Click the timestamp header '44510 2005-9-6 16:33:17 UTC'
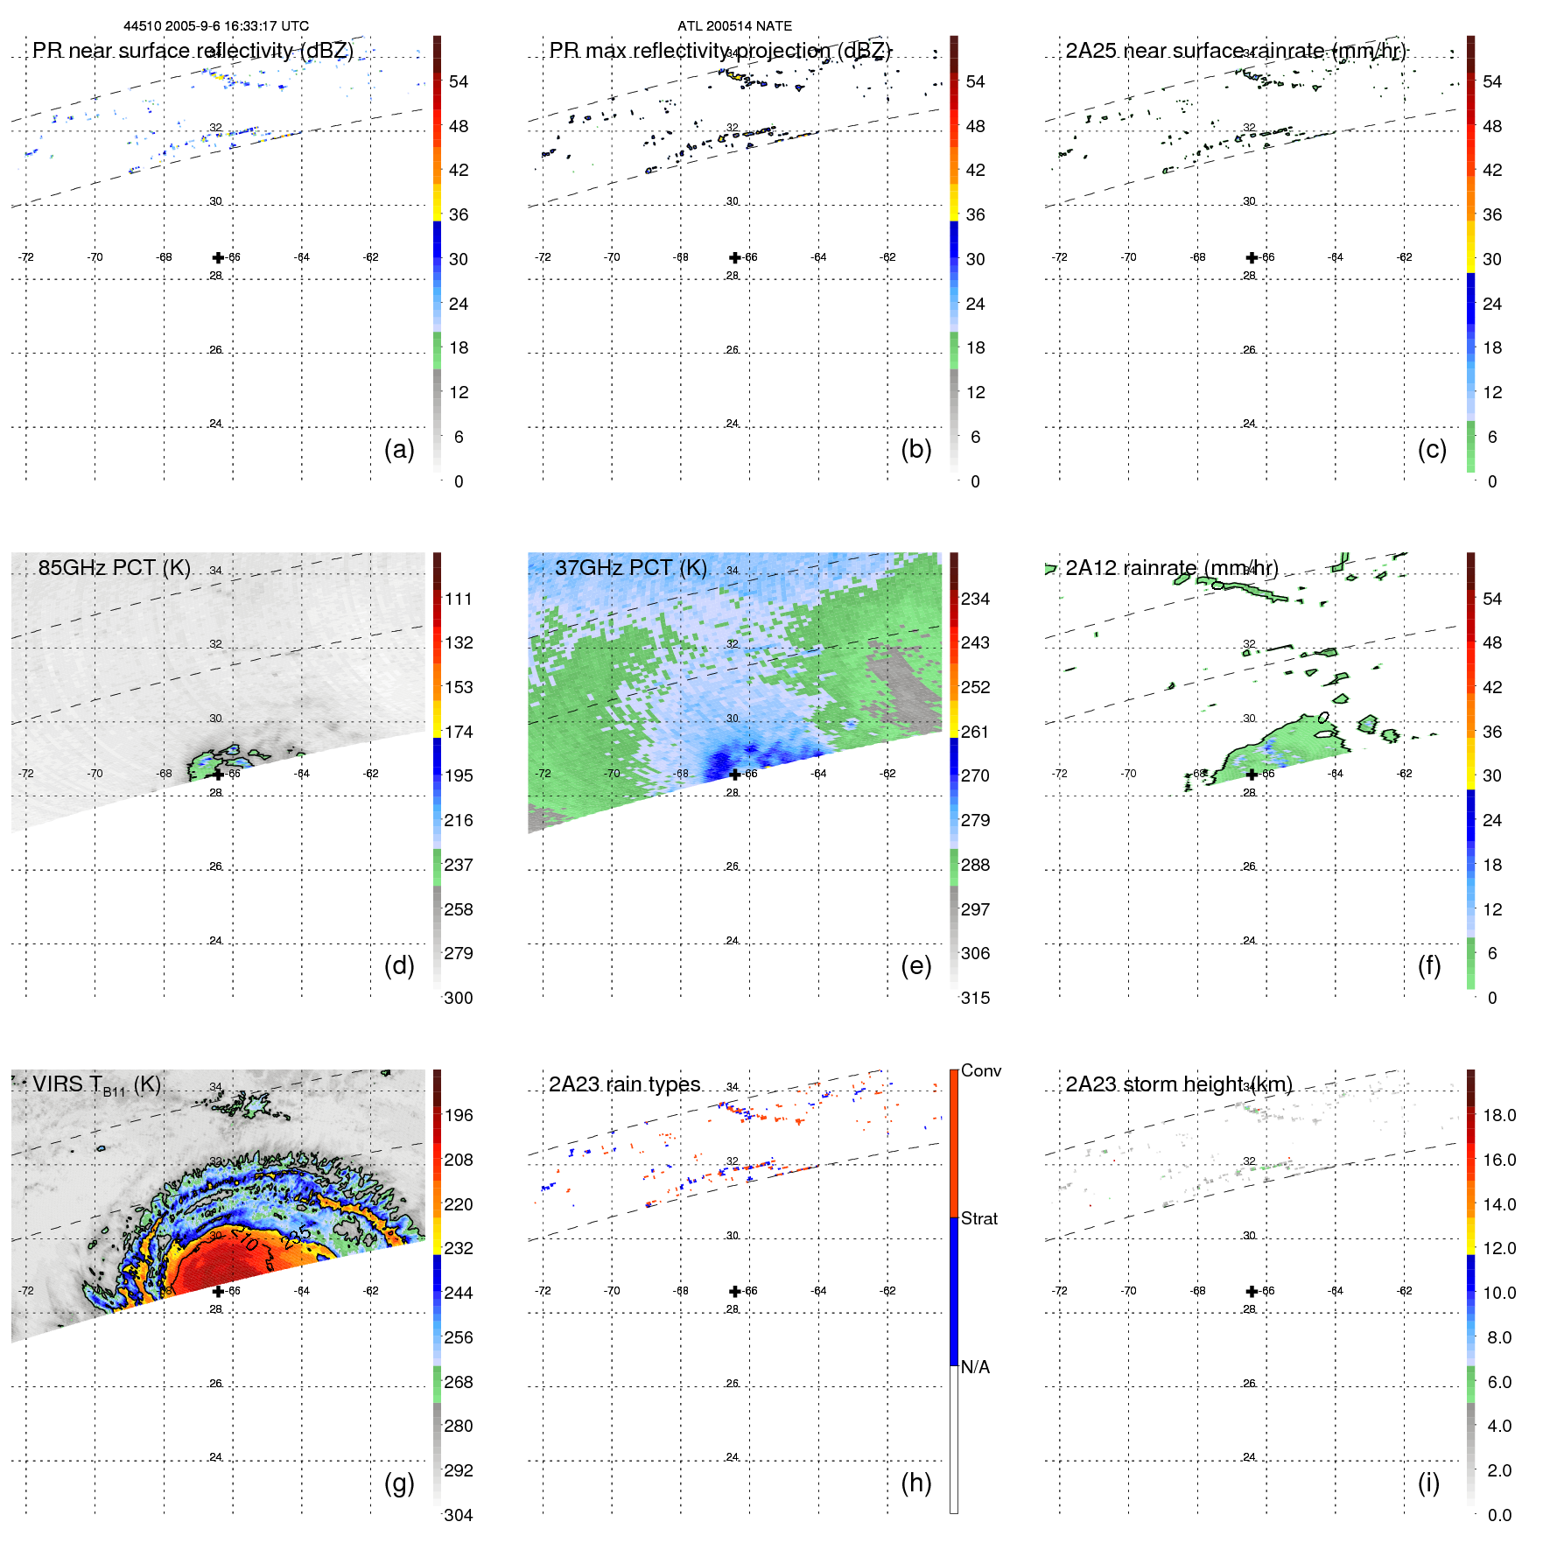[216, 26]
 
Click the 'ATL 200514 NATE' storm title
[734, 26]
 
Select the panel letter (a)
[399, 449]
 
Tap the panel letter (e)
[915, 965]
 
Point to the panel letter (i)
[1428, 1483]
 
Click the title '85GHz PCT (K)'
[114, 567]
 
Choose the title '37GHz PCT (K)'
[630, 567]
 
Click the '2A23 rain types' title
[624, 1084]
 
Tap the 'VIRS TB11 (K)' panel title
[96, 1085]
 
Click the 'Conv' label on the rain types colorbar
[980, 1070]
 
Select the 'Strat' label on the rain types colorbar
[979, 1218]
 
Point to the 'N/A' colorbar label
[975, 1367]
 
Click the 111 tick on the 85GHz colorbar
[459, 599]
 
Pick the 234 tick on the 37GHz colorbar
[975, 599]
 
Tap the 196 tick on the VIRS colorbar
[459, 1115]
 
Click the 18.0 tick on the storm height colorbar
[1498, 1115]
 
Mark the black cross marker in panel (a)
[218, 257]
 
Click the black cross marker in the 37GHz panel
[734, 774]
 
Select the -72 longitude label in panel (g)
[26, 1291]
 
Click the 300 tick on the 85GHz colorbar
[459, 998]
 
